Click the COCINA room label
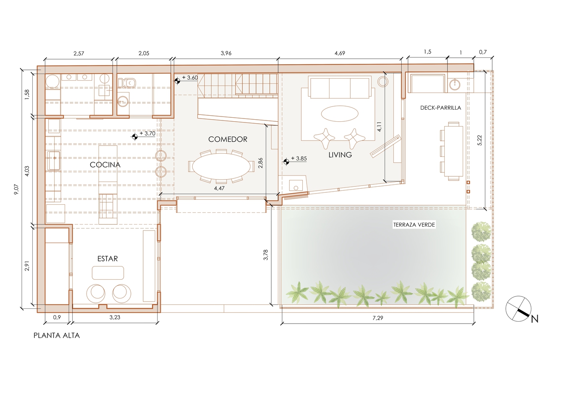[x=105, y=165]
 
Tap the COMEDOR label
[x=228, y=139]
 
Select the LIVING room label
[x=340, y=155]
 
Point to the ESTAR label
[x=108, y=259]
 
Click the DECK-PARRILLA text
[x=441, y=108]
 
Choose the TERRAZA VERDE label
[x=414, y=225]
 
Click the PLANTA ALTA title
[x=57, y=336]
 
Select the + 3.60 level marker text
[x=190, y=77]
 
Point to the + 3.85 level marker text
[x=299, y=158]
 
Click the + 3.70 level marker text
[x=148, y=134]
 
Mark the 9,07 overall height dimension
[x=17, y=189]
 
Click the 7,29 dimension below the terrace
[x=378, y=318]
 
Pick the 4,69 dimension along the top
[x=340, y=53]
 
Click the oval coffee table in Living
[x=340, y=114]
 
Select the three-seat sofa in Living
[x=340, y=88]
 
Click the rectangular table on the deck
[x=454, y=151]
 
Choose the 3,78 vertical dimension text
[x=265, y=255]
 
